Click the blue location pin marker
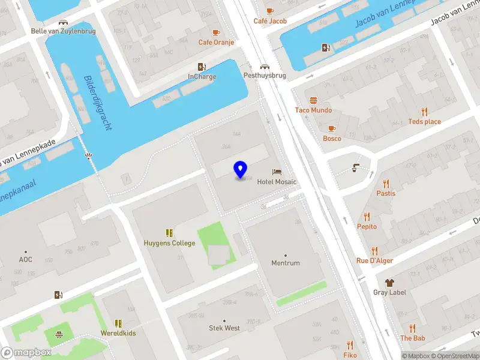point(240,169)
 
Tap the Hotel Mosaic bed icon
point(277,172)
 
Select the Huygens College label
point(169,243)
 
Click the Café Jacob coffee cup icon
point(270,11)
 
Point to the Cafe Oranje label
point(216,43)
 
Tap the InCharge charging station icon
point(202,67)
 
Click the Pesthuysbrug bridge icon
point(264,67)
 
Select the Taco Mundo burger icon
point(313,100)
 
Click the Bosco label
point(332,139)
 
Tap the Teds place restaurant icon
point(425,112)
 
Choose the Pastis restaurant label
point(386,193)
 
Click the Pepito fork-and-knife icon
point(367,217)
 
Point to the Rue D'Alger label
point(375,260)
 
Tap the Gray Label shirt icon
point(389,283)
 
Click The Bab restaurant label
point(412,338)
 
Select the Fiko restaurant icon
point(350,345)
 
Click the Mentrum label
point(285,263)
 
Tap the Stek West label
point(224,328)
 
